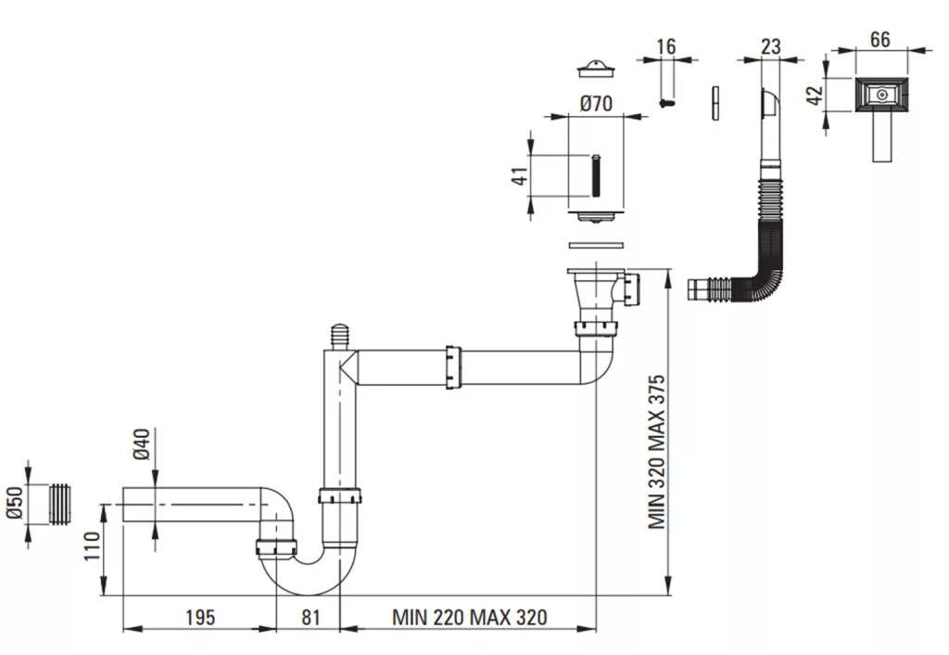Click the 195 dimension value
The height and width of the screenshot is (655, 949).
coord(200,618)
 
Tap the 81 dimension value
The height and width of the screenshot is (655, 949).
coord(310,618)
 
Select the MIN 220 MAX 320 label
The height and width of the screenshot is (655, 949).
coord(470,618)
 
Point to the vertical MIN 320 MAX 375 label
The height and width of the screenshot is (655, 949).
coord(657,452)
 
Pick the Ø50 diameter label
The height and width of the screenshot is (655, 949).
coord(15,503)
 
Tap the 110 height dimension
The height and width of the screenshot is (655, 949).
coord(92,546)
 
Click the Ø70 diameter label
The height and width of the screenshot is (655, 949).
coord(596,104)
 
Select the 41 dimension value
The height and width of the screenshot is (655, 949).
coord(521,175)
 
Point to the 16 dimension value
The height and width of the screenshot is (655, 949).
coord(665,46)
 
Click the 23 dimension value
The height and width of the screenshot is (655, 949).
coord(770,46)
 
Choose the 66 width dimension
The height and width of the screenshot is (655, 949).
coord(880,39)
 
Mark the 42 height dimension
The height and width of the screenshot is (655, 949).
coord(816,96)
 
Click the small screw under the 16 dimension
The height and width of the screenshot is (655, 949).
coord(667,103)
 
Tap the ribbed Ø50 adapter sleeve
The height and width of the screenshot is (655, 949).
coord(58,504)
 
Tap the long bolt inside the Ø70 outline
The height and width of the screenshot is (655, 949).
coord(596,175)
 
